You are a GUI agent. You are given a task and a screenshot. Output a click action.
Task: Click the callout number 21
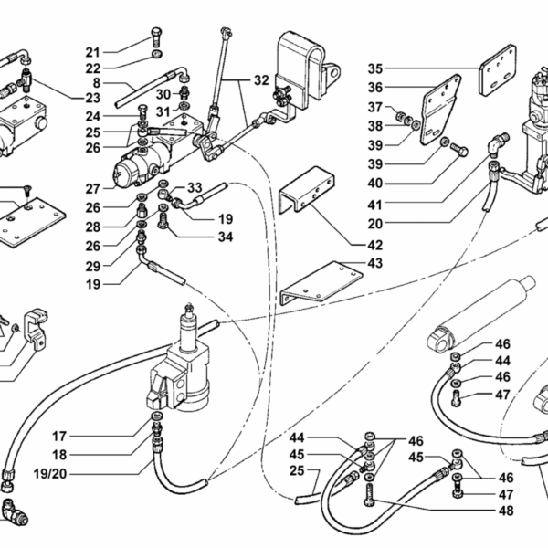click(x=93, y=52)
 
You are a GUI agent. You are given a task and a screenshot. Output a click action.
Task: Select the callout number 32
click(x=261, y=80)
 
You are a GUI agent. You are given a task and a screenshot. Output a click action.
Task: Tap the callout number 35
click(x=375, y=68)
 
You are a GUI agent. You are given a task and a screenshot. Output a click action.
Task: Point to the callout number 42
click(x=375, y=245)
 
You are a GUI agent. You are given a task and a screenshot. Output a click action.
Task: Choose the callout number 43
click(x=375, y=263)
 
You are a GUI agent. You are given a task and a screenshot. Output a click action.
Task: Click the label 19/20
click(x=50, y=474)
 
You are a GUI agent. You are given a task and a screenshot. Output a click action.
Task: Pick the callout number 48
click(x=506, y=511)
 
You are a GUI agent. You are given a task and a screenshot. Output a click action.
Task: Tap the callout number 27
click(x=93, y=189)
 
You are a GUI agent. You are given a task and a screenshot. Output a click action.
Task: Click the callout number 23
click(x=93, y=99)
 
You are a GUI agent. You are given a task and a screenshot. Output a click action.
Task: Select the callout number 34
click(x=226, y=237)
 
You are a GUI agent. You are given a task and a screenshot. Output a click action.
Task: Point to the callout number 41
click(x=375, y=205)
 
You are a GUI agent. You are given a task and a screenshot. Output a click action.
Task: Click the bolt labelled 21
click(x=156, y=37)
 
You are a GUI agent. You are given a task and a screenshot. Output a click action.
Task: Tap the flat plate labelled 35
click(x=498, y=70)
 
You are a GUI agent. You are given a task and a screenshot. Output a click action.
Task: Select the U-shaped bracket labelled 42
click(x=307, y=190)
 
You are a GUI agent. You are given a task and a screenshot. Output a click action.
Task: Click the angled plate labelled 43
click(x=321, y=283)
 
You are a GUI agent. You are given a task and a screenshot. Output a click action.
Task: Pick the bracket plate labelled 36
click(x=440, y=110)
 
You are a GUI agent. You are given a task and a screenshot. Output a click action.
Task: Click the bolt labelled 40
click(x=458, y=150)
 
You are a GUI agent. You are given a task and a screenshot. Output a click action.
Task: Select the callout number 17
click(x=59, y=437)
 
